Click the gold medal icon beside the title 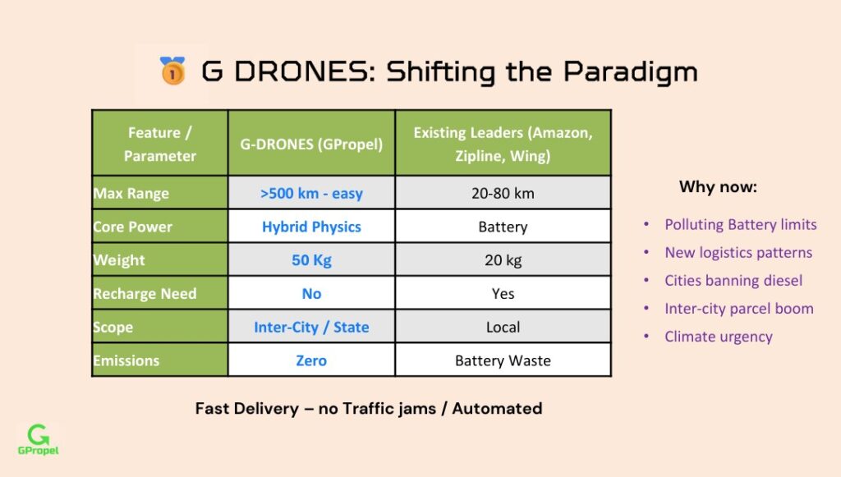pos(172,71)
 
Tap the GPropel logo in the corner pos(38,439)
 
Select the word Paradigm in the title pos(630,72)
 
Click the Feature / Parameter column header pos(160,144)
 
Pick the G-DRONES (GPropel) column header pos(311,144)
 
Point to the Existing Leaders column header pos(503,144)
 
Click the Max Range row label pos(131,193)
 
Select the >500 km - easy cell pos(311,193)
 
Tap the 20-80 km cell pos(503,193)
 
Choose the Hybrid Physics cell pos(311,227)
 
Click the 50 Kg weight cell pos(311,260)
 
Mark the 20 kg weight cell pos(503,260)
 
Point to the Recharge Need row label pos(145,294)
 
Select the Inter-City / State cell pos(311,327)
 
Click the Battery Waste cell pos(503,360)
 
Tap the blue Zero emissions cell pos(311,360)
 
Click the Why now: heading pos(718,186)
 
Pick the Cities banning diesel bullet pos(733,280)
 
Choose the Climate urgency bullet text pos(719,337)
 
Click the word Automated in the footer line pos(497,408)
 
